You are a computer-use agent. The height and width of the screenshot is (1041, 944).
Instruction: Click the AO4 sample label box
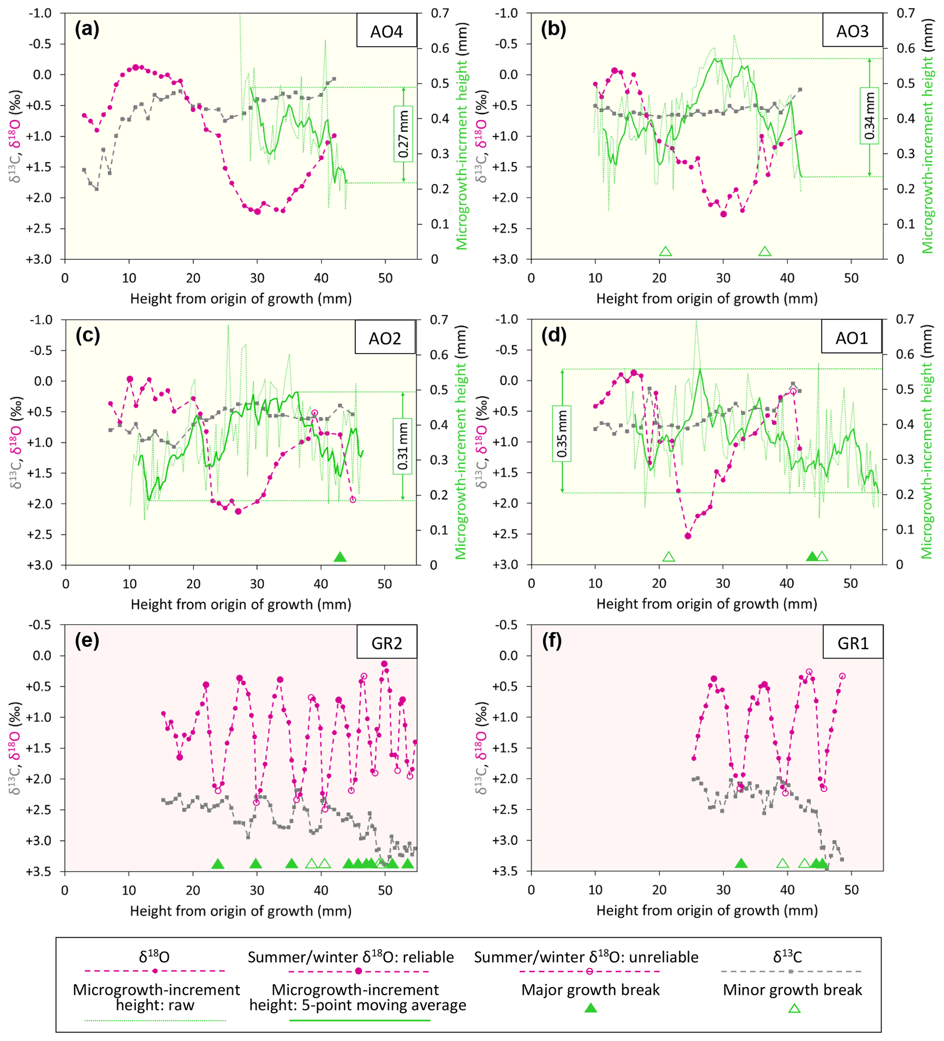pyautogui.click(x=386, y=32)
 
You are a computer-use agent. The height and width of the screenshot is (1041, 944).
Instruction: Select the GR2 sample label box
pyautogui.click(x=386, y=643)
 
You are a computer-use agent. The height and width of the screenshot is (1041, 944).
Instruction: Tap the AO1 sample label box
pyautogui.click(x=852, y=338)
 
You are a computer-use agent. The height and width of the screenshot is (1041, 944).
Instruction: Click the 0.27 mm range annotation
pyautogui.click(x=403, y=134)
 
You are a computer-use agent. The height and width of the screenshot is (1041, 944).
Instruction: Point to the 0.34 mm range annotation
pyautogui.click(x=869, y=116)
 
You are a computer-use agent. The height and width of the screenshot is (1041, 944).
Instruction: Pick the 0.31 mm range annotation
pyautogui.click(x=403, y=446)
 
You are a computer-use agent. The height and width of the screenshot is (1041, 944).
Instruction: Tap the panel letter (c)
pyautogui.click(x=87, y=335)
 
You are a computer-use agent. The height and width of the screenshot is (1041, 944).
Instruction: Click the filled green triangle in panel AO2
pyautogui.click(x=340, y=557)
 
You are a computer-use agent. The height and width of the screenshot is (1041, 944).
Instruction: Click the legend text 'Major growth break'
pyautogui.click(x=591, y=990)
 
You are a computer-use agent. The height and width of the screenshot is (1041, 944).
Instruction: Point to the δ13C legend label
pyautogui.click(x=787, y=957)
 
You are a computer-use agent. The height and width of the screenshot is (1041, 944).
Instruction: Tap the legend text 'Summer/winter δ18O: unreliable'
pyautogui.click(x=586, y=957)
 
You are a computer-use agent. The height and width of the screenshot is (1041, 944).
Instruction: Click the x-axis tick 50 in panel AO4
pyautogui.click(x=385, y=278)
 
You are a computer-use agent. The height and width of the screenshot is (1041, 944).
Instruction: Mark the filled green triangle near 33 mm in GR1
pyautogui.click(x=741, y=863)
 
